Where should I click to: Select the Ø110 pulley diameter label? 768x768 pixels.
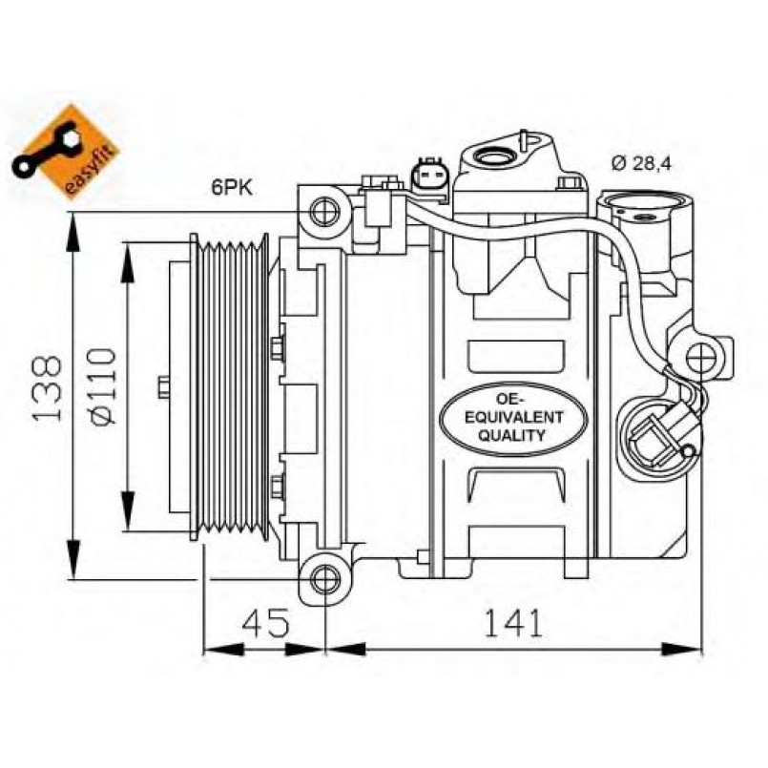pos(103,386)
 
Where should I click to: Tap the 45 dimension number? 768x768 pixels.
pos(266,623)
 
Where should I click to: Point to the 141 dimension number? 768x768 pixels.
pos(513,623)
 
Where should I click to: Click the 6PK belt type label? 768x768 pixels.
pos(232,187)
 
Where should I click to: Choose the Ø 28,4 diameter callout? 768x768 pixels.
pos(642,162)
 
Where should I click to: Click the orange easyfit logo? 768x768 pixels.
pos(65,152)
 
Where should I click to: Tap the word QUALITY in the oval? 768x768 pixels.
pos(511,435)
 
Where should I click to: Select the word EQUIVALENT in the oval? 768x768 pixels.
pos(513,417)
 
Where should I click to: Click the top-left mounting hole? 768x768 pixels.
pos(324,212)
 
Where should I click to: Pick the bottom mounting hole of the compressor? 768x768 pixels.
pos(325,580)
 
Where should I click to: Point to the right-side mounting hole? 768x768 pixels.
pos(701,359)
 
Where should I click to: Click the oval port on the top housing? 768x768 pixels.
pos(495,156)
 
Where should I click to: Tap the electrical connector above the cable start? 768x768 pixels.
pos(430,179)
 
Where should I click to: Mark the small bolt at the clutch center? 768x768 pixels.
pos(163,387)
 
